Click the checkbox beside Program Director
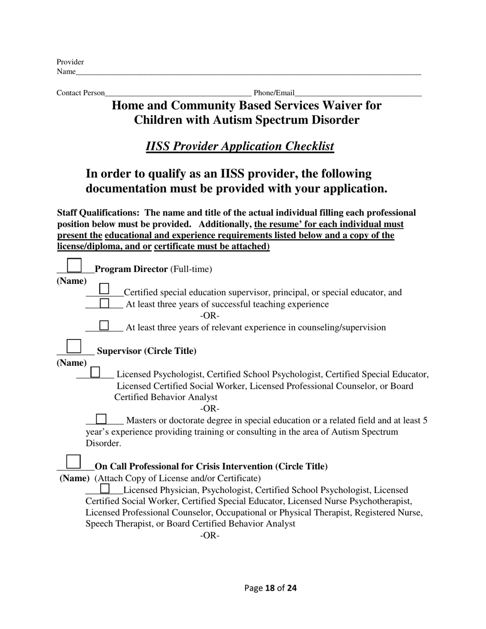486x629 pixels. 75,265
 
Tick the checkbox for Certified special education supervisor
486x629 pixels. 104,289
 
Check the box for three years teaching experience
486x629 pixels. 104,303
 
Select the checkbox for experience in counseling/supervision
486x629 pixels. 104,325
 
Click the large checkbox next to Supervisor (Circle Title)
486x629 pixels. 74,346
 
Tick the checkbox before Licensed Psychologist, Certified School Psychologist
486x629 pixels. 95,372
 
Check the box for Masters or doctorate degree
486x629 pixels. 101,419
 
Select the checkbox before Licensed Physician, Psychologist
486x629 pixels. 105,489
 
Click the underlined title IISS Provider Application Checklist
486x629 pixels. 240,146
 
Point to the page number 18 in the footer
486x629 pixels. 270,588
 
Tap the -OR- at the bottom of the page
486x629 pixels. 210,535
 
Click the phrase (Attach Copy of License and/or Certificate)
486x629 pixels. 178,478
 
